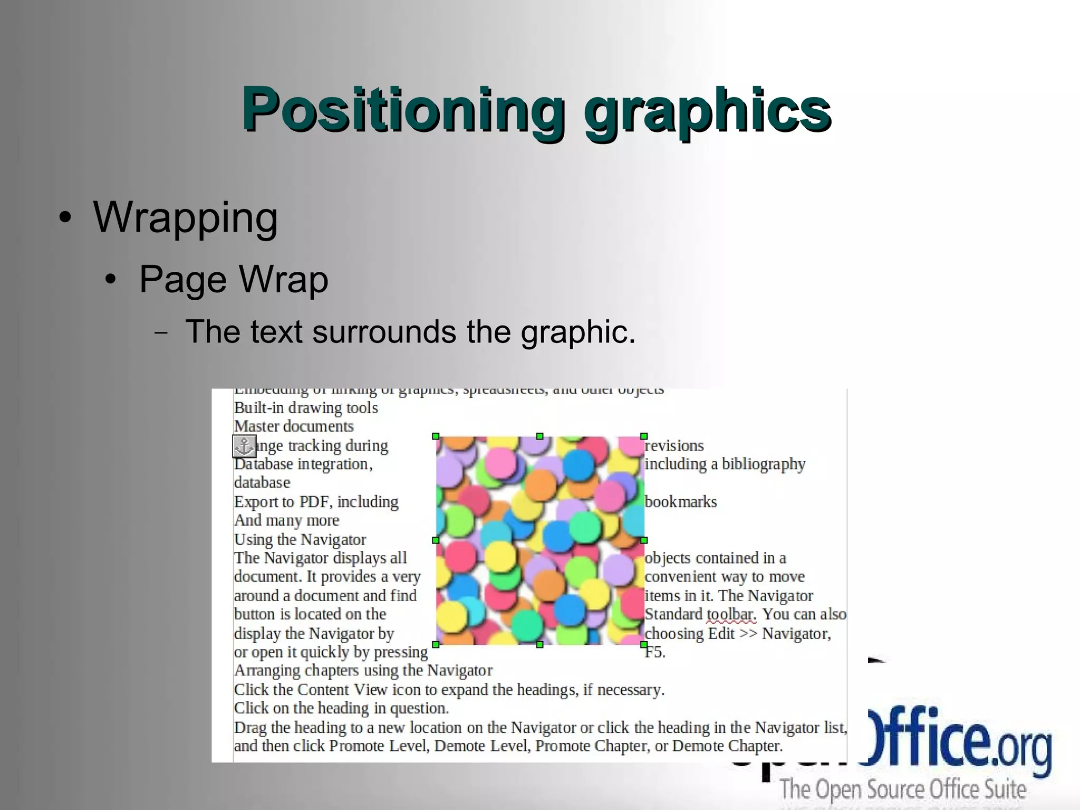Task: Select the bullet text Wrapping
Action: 185,217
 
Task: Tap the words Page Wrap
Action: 234,279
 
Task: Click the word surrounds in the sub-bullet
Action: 384,332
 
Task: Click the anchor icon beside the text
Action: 244,446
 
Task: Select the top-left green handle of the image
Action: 436,436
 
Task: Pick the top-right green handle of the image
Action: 644,436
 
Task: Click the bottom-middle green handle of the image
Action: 539,645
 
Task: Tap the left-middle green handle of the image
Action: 436,540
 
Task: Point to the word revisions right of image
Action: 674,446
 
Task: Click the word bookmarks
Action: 681,502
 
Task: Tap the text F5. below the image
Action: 655,652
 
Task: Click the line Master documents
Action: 294,426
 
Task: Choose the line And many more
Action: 287,520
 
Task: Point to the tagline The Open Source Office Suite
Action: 903,790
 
